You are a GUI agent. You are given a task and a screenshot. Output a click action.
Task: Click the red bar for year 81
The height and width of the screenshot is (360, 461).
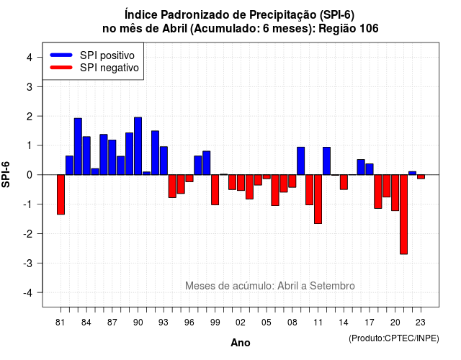(x=61, y=194)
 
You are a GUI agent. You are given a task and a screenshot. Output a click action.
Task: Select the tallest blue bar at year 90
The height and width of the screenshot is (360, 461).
(x=138, y=146)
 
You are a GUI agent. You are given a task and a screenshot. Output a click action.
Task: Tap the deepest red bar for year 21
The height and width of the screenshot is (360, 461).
(x=403, y=215)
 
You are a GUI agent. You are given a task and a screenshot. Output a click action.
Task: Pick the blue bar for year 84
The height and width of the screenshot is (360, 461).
(x=86, y=156)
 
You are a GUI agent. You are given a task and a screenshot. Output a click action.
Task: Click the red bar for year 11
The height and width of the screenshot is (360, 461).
(x=318, y=199)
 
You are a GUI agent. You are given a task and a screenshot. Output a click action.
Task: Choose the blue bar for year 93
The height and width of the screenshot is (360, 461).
(x=164, y=161)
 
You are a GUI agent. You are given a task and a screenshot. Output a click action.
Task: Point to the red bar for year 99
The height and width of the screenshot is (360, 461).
(x=215, y=190)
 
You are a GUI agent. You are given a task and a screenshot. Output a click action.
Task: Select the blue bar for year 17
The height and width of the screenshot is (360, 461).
(x=370, y=169)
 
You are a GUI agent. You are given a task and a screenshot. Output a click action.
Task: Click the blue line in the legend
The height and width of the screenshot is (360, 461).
(x=61, y=55)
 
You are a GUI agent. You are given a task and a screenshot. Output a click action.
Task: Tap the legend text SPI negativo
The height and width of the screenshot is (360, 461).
(x=109, y=68)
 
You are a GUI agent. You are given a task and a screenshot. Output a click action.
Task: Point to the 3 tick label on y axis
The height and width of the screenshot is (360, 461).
(x=30, y=86)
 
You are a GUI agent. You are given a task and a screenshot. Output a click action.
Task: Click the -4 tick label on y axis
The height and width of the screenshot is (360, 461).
(x=28, y=293)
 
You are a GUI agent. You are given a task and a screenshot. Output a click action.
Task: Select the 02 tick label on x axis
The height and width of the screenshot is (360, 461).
(x=241, y=323)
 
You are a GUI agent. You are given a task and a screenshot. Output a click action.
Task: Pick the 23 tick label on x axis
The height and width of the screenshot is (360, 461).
(x=421, y=323)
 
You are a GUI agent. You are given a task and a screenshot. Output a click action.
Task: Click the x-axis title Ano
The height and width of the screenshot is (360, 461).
(x=241, y=343)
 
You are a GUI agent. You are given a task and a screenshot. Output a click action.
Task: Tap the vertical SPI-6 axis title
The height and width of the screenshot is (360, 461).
(x=6, y=174)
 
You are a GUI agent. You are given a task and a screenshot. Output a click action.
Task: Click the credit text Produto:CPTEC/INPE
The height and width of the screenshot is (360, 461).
(x=394, y=338)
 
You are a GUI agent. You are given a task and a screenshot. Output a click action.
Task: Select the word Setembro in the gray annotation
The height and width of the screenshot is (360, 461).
(x=332, y=286)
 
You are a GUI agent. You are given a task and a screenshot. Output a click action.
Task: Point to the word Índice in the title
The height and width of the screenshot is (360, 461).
(x=141, y=14)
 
